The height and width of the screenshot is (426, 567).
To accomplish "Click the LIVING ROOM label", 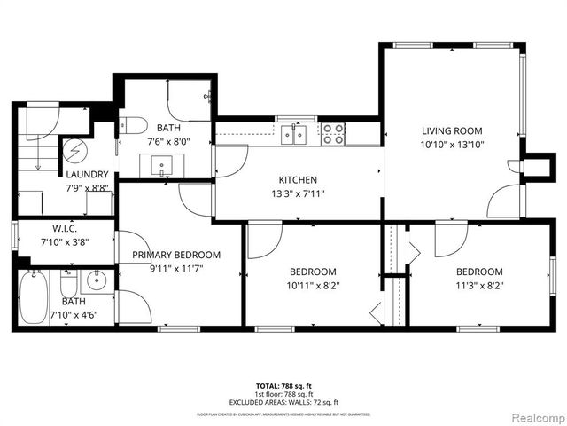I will tap(452, 130).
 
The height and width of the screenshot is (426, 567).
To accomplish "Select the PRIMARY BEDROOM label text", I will tap(176, 255).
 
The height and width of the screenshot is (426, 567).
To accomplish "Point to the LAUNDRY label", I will tap(87, 175).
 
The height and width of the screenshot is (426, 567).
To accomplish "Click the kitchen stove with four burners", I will tap(334, 134).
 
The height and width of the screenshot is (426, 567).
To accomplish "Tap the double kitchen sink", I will tap(294, 135).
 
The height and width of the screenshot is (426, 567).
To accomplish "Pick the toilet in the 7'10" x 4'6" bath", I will tap(68, 286).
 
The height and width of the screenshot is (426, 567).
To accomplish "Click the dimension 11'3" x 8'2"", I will tap(479, 285).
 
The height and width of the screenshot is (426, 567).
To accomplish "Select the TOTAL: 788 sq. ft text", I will tap(283, 385).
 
